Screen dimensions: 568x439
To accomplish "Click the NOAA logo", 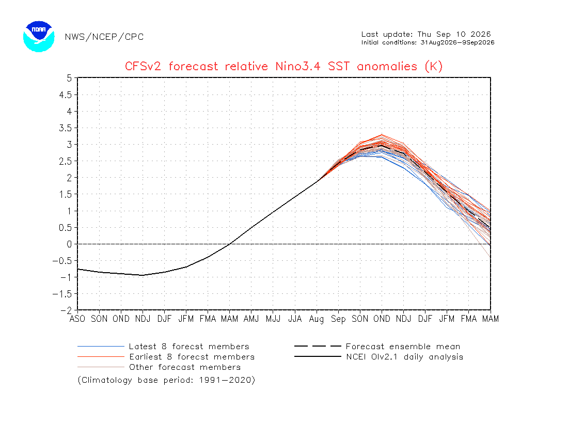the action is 39,37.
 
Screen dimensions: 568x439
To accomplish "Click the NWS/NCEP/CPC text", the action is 104,37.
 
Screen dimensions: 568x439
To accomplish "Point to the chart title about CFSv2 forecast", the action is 283,66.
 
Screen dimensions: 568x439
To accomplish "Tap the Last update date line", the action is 426,34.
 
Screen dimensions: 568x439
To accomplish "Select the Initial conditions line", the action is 428,42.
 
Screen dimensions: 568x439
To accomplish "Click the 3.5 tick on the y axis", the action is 65,128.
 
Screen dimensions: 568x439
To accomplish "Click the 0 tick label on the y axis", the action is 69,244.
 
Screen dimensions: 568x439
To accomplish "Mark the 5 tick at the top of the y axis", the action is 69,78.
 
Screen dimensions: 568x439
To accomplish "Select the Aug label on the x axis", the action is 317,319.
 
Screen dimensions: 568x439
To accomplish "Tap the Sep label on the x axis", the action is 338,319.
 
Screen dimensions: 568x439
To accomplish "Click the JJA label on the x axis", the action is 295,319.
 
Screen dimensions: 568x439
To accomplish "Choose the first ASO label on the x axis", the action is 77,319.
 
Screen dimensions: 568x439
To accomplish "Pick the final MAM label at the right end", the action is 491,319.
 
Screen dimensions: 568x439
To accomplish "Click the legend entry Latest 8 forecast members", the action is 163,346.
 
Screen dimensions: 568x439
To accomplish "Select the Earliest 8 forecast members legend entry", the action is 166,357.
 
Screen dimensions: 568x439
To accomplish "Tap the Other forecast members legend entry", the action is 159,367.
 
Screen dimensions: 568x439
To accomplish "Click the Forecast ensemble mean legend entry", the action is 377,346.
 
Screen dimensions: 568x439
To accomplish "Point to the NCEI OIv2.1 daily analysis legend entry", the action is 378,357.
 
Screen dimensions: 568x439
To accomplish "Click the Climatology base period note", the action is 166,380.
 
